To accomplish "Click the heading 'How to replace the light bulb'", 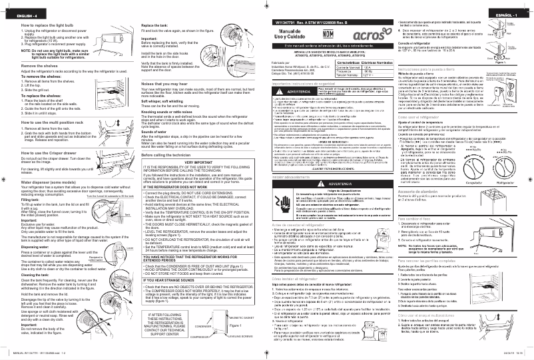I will click(40, 24).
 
